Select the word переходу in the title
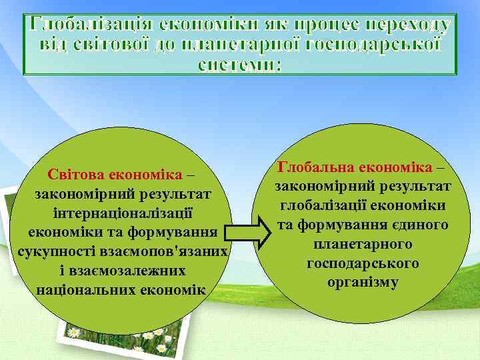click(411, 25)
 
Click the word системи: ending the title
click(240, 65)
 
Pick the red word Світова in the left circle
click(76, 175)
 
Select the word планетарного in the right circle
click(363, 244)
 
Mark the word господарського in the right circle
click(363, 263)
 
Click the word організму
click(363, 282)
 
